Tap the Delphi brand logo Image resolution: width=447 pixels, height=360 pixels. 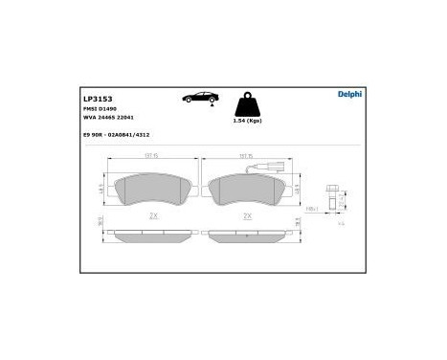coord(349,93)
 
